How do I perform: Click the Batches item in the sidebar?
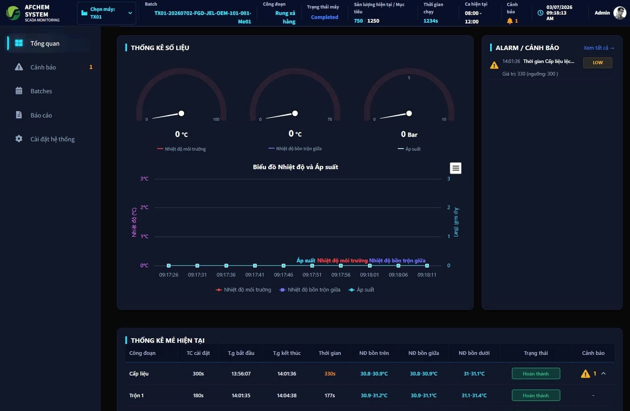click(x=41, y=91)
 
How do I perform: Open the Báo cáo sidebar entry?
click(x=41, y=115)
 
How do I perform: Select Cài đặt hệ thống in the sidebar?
click(x=52, y=139)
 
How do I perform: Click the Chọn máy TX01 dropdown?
click(x=106, y=13)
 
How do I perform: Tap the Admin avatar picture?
click(x=619, y=13)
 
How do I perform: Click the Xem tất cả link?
click(x=599, y=48)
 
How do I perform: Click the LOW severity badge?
click(x=597, y=63)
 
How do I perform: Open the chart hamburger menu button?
click(x=455, y=168)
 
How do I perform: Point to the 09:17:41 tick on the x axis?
click(x=254, y=275)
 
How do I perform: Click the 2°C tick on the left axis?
click(x=144, y=208)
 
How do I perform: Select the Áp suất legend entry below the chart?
click(x=362, y=289)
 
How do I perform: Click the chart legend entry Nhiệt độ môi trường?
click(x=243, y=289)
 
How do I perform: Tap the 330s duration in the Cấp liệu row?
click(x=330, y=373)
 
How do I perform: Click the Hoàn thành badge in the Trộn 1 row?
click(x=536, y=395)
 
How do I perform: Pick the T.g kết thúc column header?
click(x=287, y=353)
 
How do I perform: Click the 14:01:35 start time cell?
click(x=241, y=395)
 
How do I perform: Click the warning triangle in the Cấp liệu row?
click(x=585, y=373)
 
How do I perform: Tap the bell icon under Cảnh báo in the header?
click(x=509, y=21)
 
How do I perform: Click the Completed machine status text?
click(x=324, y=17)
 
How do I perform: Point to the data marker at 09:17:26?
click(x=168, y=266)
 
